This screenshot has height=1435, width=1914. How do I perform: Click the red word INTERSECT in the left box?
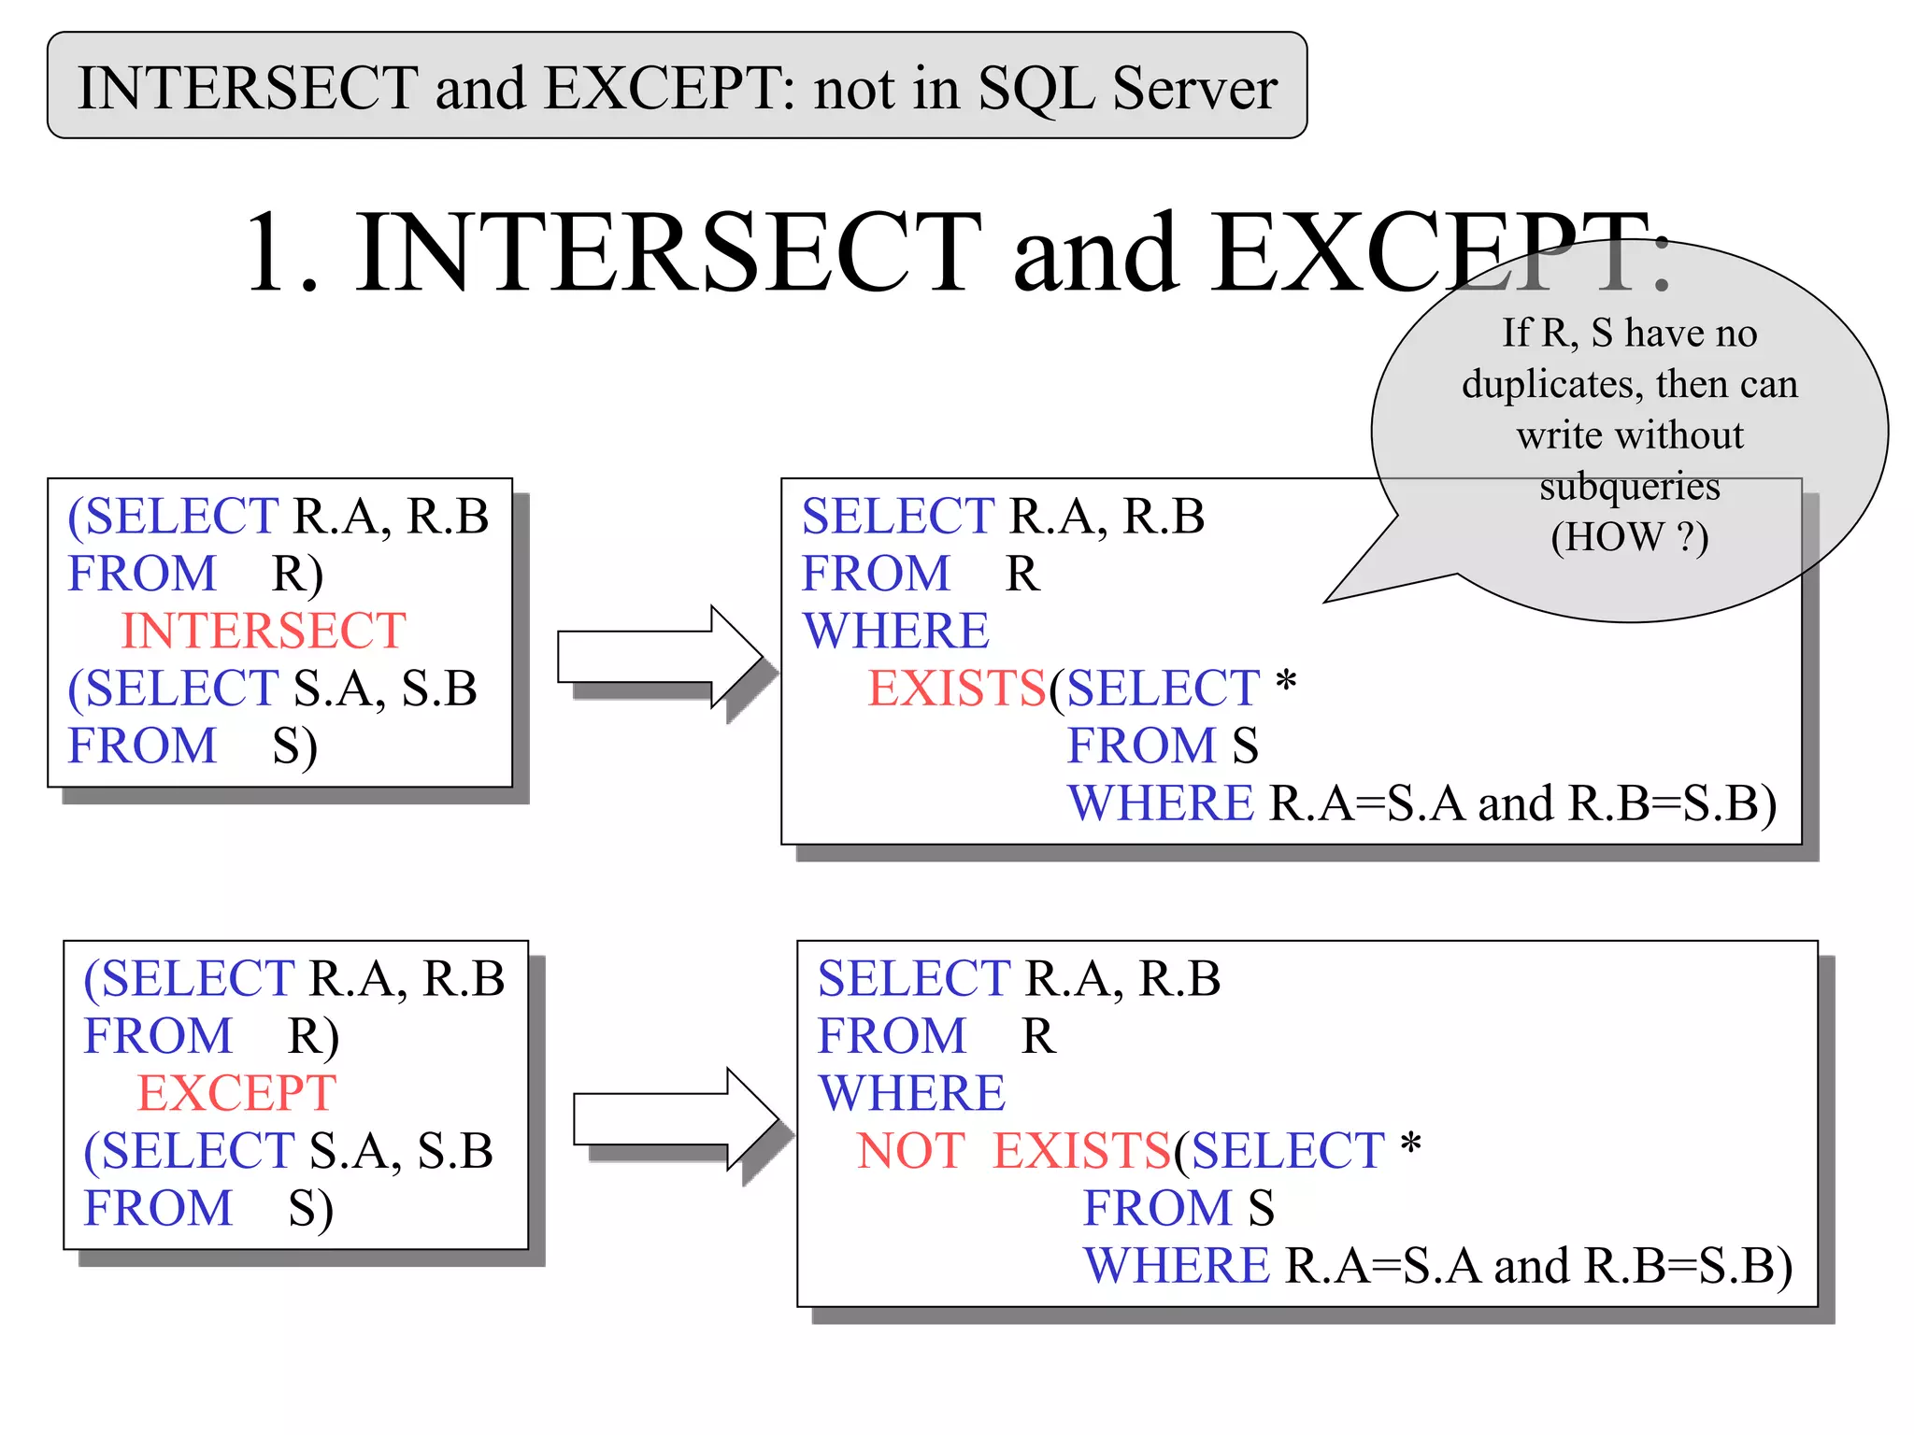[x=264, y=631]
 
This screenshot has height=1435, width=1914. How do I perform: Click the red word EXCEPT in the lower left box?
[x=236, y=1093]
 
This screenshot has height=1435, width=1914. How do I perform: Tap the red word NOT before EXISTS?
[x=910, y=1150]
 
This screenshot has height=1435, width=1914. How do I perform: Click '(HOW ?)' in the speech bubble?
[x=1629, y=537]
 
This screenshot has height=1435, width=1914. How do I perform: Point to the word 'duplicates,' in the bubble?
[x=1551, y=384]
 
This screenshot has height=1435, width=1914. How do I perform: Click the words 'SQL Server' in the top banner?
[x=1127, y=88]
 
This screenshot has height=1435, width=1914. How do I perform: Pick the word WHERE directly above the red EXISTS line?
[x=895, y=631]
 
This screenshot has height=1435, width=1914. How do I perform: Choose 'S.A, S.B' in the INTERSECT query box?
[x=385, y=689]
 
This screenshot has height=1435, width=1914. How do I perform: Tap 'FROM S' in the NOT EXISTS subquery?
[x=1178, y=1208]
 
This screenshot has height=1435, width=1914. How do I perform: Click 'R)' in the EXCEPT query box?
[x=313, y=1036]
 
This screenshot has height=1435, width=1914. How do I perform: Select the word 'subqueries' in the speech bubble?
[x=1629, y=486]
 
